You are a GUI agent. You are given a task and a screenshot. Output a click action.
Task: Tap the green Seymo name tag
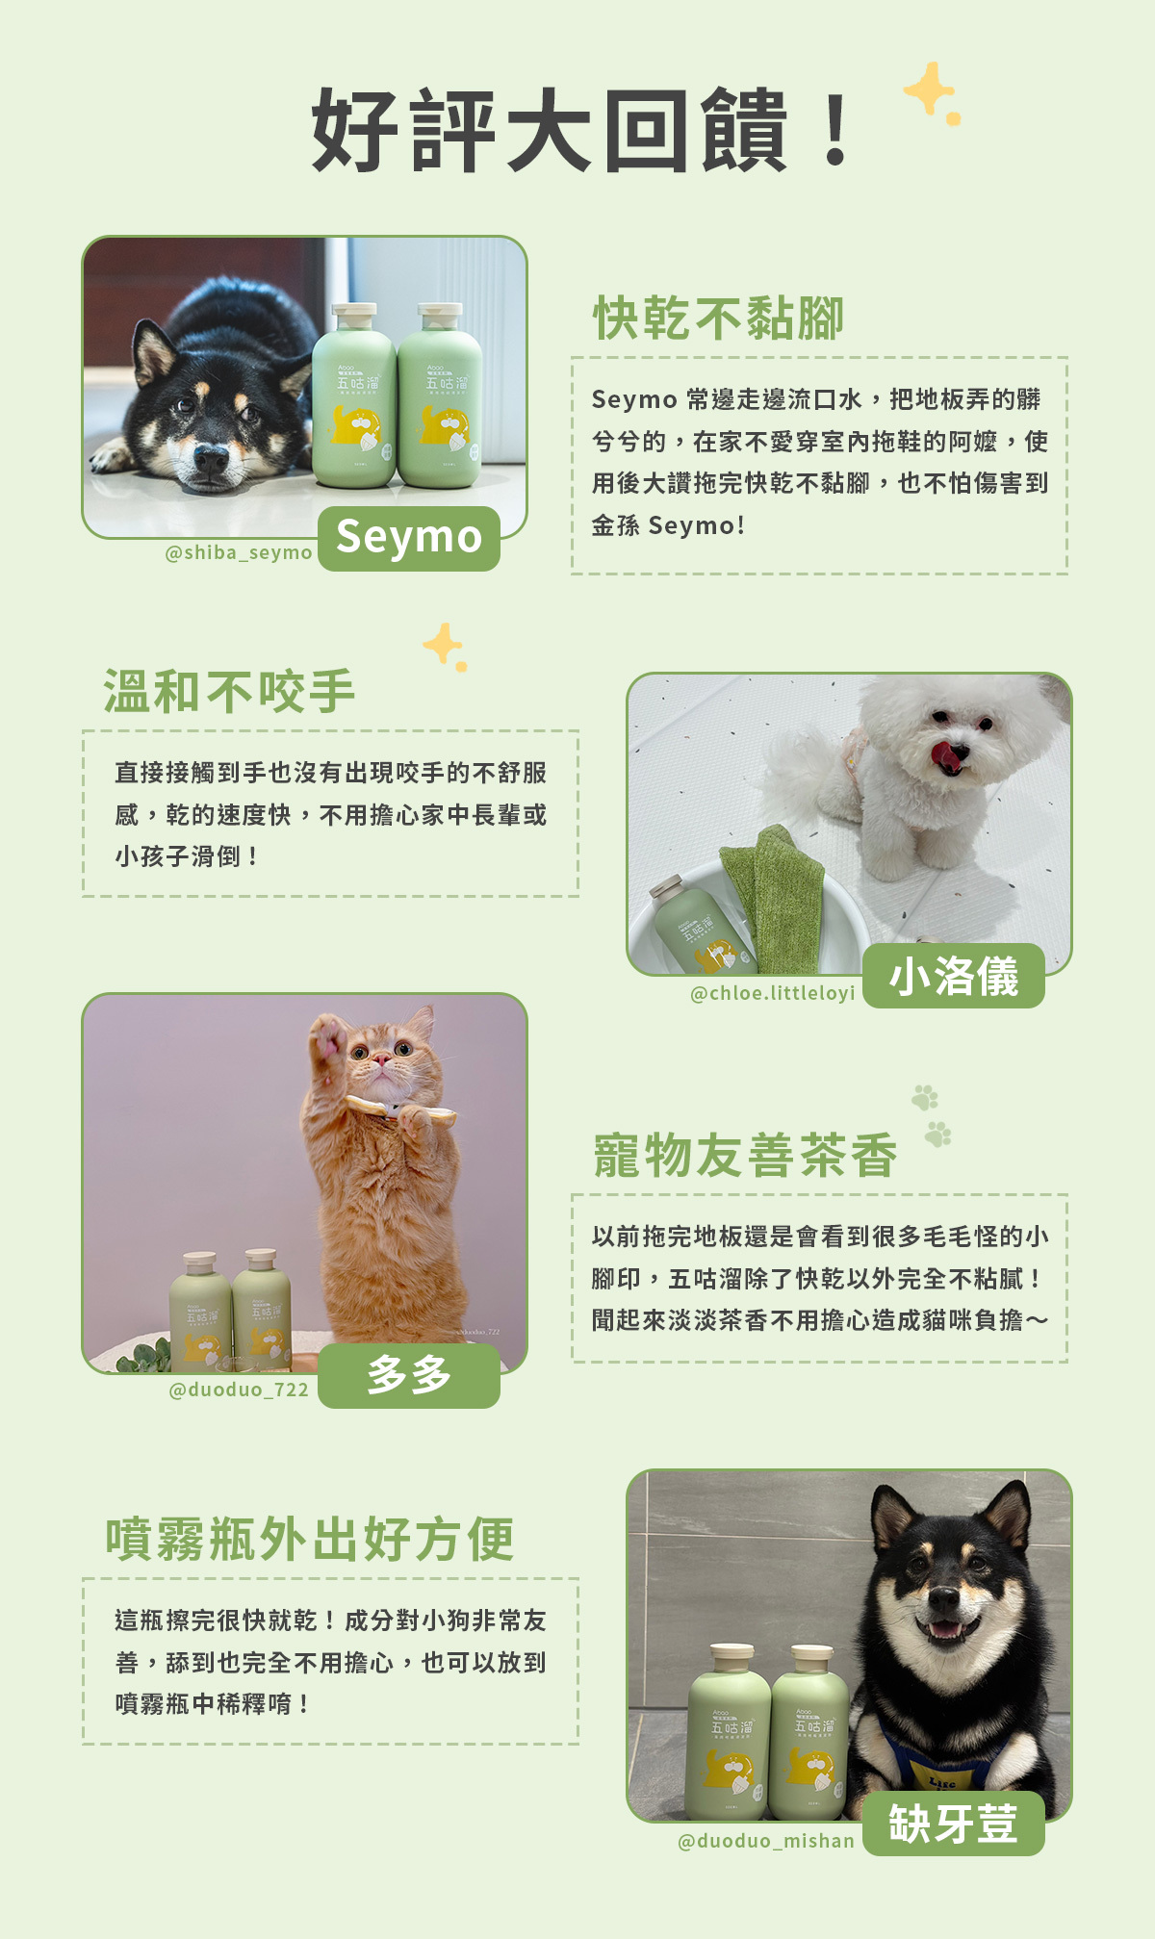pos(409,538)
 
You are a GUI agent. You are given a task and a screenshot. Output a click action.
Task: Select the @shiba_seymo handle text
pos(239,553)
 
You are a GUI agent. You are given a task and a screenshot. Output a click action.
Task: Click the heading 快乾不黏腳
pos(718,319)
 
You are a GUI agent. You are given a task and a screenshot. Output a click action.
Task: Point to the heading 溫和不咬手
pos(230,692)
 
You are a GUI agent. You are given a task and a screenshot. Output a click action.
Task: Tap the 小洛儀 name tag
pos(953,976)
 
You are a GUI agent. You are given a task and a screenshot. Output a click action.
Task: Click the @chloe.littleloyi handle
pos(772,993)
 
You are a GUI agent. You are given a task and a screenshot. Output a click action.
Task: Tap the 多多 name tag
pos(409,1375)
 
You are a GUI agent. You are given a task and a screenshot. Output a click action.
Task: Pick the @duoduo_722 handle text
pos(239,1390)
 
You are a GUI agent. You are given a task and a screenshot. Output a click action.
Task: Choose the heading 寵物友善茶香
pos(745,1156)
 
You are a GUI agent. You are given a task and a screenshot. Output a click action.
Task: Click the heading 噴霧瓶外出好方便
pos(310,1540)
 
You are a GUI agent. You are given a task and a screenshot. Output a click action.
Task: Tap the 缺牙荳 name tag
pos(953,1824)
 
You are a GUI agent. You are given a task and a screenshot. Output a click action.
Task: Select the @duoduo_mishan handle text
pos(766,1841)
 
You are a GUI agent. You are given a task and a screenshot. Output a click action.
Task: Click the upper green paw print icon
pos(925,1097)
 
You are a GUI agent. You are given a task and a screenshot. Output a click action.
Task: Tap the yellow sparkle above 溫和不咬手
pos(444,645)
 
